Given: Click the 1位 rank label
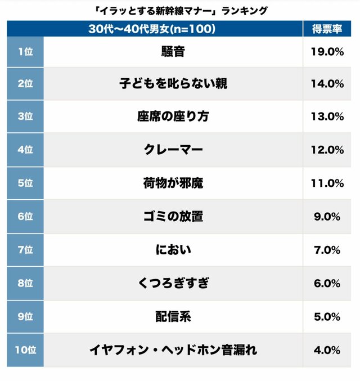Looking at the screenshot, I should click(25, 51).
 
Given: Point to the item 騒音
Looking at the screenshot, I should click(173, 51).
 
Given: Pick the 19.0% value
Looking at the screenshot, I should click(326, 51).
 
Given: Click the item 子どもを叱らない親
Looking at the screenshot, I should click(173, 84).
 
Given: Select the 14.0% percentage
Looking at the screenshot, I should click(326, 84).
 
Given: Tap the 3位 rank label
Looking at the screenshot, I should click(25, 116).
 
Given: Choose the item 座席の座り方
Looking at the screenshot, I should click(173, 116).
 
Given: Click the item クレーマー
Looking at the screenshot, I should click(173, 150).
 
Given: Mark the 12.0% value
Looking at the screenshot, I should click(326, 150).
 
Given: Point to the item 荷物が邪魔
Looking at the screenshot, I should click(173, 183).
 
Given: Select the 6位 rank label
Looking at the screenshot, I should click(25, 217).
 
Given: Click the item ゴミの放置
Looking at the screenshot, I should click(173, 217).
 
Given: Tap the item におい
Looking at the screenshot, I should click(173, 250).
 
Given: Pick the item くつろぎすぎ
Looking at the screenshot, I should click(173, 283).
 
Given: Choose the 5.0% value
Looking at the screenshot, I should click(326, 316).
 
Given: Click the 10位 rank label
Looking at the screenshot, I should click(25, 350).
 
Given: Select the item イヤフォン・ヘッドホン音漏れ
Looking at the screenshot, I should click(173, 350).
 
